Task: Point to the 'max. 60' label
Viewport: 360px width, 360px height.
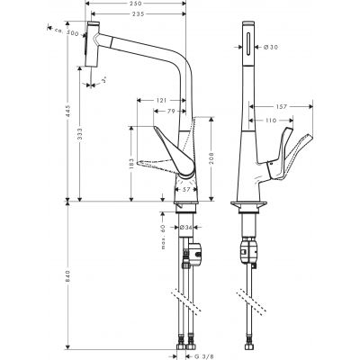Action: click(x=165, y=238)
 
